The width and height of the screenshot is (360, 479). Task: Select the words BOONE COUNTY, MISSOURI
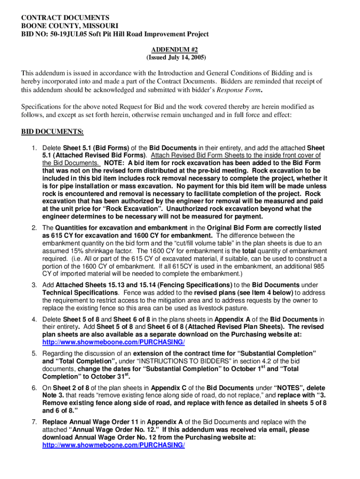click(x=70, y=26)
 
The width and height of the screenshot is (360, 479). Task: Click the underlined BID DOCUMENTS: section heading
click(x=52, y=131)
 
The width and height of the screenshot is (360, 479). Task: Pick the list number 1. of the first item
click(x=35, y=148)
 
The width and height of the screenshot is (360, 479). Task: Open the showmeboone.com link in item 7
click(x=114, y=445)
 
